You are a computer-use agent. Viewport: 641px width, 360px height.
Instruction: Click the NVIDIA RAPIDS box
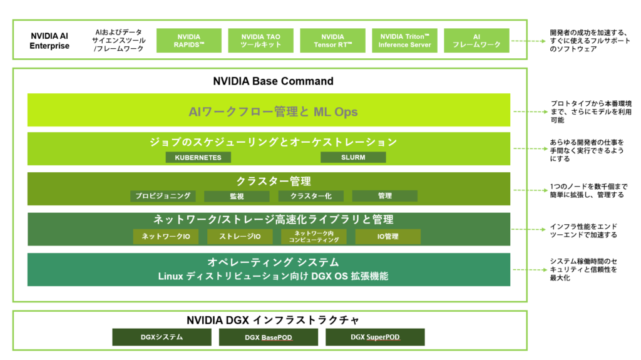click(x=188, y=41)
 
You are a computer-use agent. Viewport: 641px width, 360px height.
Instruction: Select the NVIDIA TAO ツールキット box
click(x=261, y=41)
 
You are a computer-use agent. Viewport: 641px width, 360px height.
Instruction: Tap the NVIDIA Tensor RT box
click(x=333, y=41)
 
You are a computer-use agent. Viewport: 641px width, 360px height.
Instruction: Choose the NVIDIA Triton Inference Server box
click(x=404, y=41)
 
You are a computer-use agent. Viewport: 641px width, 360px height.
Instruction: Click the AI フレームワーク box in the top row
click(x=476, y=41)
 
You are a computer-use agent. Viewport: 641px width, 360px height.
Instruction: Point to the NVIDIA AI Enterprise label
click(x=49, y=41)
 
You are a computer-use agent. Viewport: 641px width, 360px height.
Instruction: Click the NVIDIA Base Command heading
click(x=273, y=81)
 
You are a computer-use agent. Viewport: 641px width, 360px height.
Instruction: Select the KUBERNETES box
click(x=198, y=157)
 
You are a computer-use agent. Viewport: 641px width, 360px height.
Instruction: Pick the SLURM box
click(x=353, y=157)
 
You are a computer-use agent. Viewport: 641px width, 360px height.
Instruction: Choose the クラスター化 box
click(x=311, y=196)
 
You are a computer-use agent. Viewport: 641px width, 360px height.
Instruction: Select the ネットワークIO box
click(x=165, y=237)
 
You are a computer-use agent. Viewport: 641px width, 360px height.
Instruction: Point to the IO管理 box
click(x=387, y=237)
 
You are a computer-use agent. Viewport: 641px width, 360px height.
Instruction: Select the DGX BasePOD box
click(x=269, y=337)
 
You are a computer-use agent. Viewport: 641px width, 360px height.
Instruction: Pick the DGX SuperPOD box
click(x=375, y=337)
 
